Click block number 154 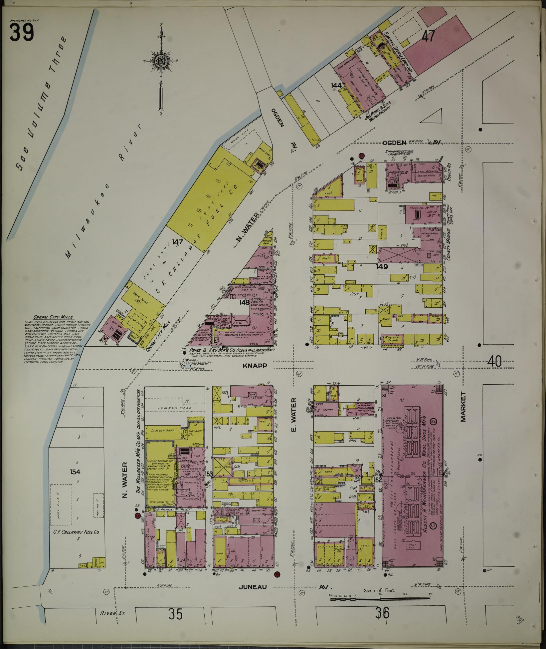[76, 472]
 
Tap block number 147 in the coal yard [177, 242]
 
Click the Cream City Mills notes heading [53, 317]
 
